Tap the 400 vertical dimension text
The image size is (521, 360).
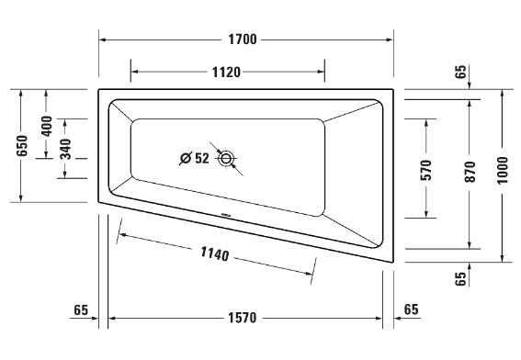point(46,126)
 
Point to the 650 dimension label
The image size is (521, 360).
point(22,145)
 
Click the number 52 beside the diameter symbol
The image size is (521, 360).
point(202,158)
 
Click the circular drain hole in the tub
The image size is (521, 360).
point(228,157)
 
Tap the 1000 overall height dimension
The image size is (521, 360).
point(502,172)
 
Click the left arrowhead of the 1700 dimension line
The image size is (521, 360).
point(102,40)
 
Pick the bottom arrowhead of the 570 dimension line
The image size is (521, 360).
point(426,215)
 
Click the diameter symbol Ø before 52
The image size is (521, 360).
point(186,158)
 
